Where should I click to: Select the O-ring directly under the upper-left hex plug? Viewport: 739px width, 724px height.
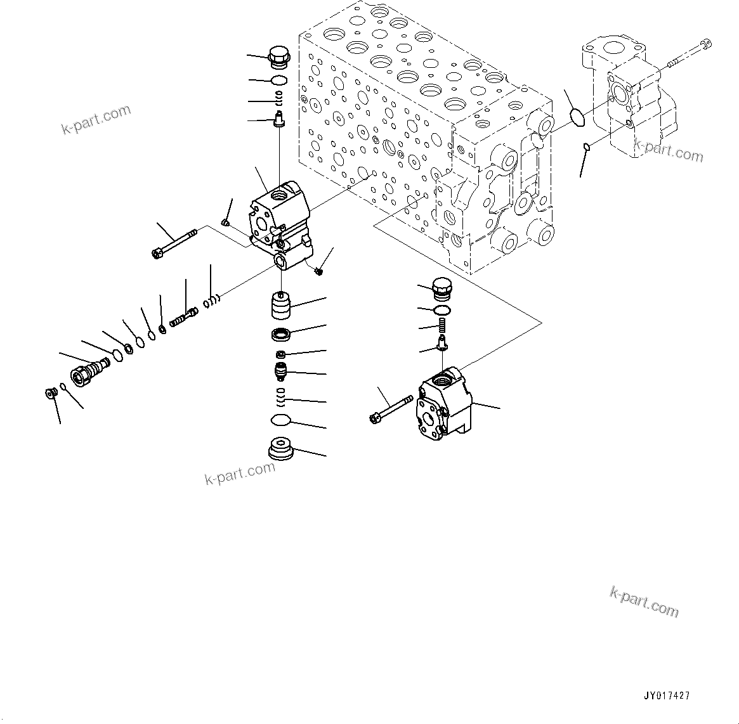[x=278, y=81]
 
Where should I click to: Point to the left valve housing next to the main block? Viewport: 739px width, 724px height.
[x=279, y=225]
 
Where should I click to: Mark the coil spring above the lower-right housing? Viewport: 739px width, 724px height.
[x=441, y=326]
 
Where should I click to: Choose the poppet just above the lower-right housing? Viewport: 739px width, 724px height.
[x=441, y=344]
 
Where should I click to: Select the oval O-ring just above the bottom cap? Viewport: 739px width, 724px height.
[x=280, y=420]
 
